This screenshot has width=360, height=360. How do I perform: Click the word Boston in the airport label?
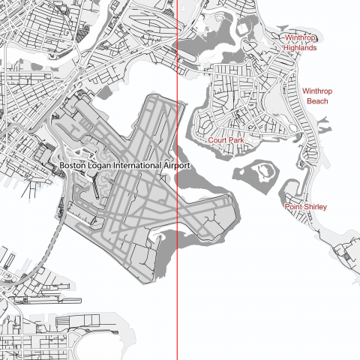[x=73, y=165]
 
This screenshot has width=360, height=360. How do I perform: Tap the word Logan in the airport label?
[x=103, y=165]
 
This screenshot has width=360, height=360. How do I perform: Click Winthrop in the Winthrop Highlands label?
[x=300, y=37]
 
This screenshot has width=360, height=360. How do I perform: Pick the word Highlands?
[x=300, y=47]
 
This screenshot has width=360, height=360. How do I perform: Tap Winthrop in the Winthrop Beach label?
[x=317, y=91]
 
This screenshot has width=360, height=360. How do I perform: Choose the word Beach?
[x=317, y=101]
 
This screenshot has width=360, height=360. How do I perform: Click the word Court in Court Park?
[x=218, y=140]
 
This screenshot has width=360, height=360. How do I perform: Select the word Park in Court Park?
[x=236, y=140]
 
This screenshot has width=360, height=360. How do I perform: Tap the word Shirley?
[x=315, y=206]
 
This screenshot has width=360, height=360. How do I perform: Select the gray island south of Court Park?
[x=247, y=177]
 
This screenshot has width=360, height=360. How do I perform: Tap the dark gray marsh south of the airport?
[x=166, y=255]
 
